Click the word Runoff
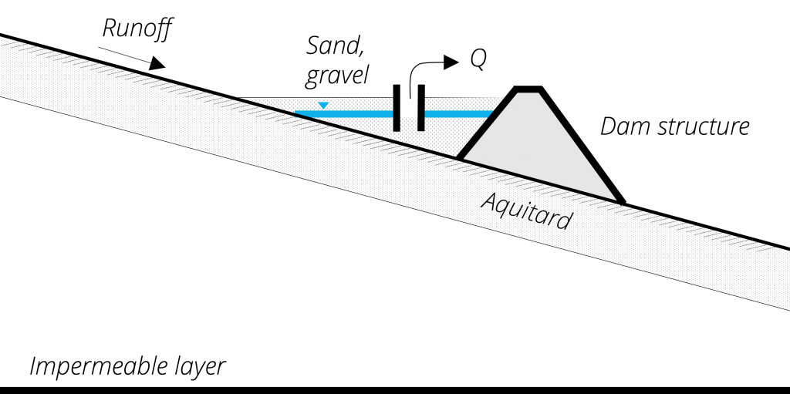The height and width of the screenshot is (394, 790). [138, 30]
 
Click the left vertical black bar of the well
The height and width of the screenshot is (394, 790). [397, 108]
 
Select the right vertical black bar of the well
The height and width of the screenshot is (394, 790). [421, 108]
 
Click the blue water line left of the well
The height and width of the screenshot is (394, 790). [347, 114]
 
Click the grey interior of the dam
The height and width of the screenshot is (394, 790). [540, 150]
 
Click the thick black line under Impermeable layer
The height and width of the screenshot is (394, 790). [395, 389]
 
